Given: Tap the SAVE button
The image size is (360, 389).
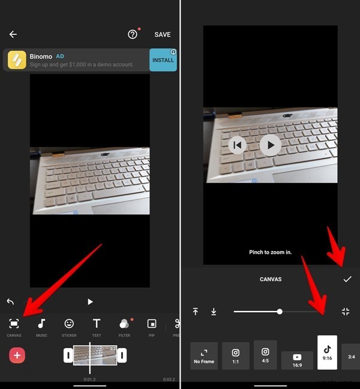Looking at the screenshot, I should (163, 35).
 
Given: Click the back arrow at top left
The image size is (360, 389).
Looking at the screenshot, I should (13, 35).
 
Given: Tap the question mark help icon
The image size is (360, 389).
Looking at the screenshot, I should (133, 35).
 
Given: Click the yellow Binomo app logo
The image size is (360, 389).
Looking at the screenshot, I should (17, 60).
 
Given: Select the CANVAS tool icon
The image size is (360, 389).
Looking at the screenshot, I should (14, 324).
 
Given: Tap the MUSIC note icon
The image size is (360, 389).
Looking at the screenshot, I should (41, 324).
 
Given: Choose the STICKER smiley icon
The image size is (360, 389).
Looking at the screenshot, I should (69, 324).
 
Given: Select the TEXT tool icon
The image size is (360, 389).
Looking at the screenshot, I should (97, 324).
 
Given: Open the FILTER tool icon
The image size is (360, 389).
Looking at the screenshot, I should (124, 324).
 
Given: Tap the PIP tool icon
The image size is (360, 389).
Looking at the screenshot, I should (152, 324).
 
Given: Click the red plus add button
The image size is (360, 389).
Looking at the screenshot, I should (17, 355).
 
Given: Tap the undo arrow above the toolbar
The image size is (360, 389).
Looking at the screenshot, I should (10, 301).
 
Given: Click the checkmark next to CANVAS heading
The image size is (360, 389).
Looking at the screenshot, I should (347, 279).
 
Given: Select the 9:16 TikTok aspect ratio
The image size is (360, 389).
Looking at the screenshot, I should (328, 352).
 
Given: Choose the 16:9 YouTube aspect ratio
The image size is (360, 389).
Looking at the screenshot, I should (297, 360).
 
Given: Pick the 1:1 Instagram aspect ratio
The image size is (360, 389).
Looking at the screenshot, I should (236, 355).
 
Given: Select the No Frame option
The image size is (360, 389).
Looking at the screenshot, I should (204, 355).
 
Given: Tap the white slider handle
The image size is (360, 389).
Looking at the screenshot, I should (280, 312).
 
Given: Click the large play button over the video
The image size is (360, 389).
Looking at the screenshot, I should (271, 145).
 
